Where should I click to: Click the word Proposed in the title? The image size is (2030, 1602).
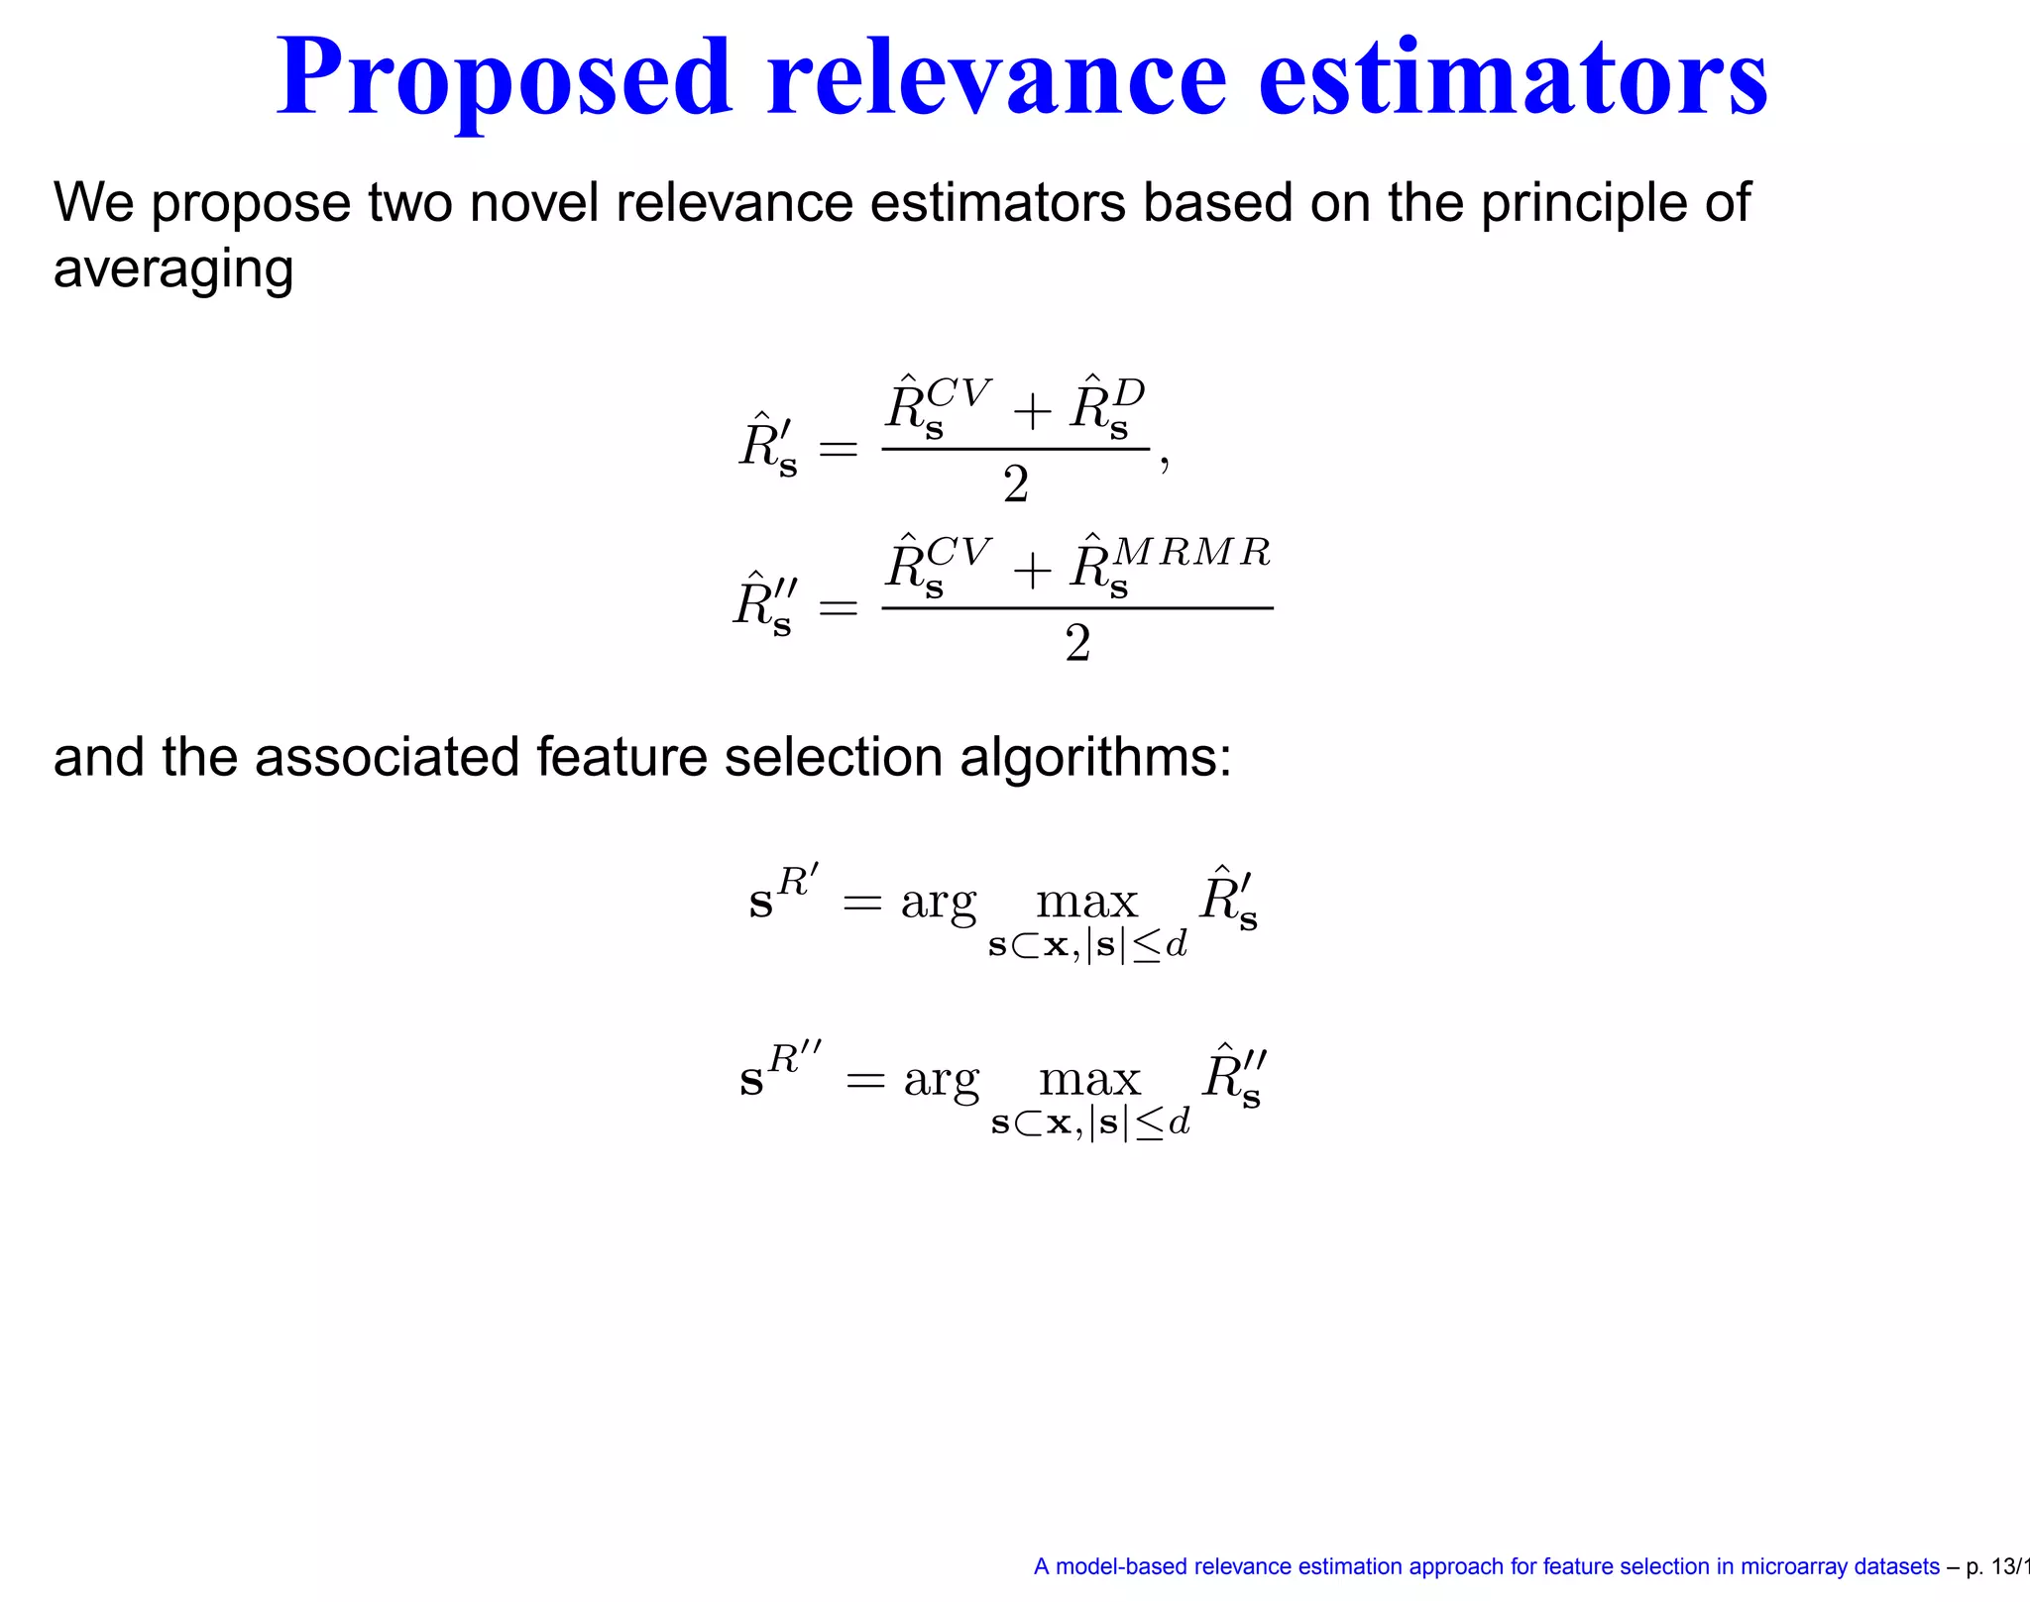pos(505,79)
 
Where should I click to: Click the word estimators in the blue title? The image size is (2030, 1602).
pos(1513,79)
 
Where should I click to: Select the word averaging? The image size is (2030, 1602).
pos(173,269)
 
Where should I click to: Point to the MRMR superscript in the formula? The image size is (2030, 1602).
pos(1191,551)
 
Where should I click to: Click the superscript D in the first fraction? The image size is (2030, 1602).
pos(1129,393)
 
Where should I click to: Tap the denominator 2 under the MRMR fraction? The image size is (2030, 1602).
pos(1077,644)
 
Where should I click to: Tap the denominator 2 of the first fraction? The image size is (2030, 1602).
pos(1016,485)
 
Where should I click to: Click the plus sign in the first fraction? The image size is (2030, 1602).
pos(1032,411)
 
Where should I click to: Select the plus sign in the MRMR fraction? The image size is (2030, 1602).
pos(1032,570)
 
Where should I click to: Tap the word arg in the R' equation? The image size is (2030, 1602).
pos(938,904)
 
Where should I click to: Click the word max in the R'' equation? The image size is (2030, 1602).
pos(1089,1080)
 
